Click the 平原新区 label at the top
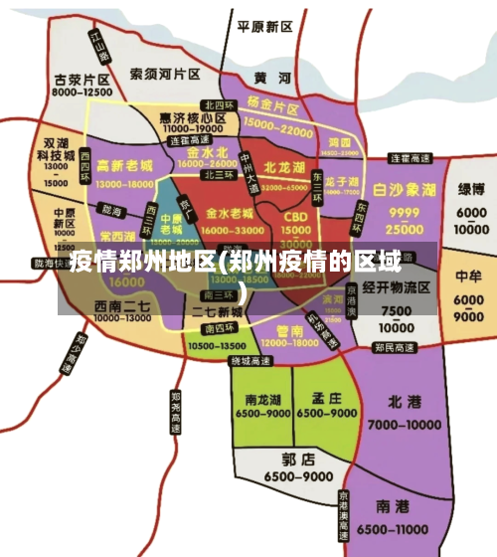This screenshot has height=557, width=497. point(265,26)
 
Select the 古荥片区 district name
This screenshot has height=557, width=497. point(82,79)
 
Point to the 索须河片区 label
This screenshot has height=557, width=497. point(165,74)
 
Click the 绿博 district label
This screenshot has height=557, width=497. point(471,189)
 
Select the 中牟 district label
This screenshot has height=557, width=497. point(467,275)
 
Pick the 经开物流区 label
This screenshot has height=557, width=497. point(396,287)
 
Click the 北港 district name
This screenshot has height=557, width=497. point(406,402)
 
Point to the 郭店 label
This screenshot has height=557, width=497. point(298,460)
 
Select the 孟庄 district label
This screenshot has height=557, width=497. point(327,395)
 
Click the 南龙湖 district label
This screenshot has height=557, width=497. point(263,395)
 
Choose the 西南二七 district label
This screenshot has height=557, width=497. point(121,305)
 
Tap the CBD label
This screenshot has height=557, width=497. point(295,217)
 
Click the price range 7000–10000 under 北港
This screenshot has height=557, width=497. point(406,425)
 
